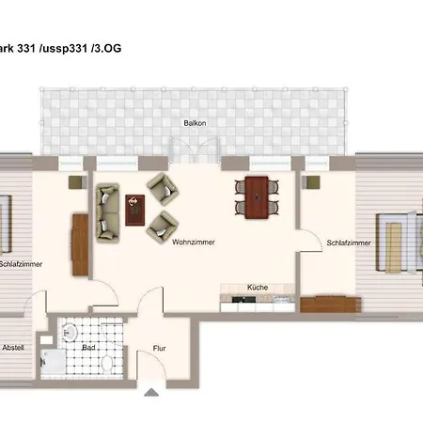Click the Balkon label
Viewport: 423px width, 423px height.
[196, 123]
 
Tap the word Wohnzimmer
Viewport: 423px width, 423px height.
[194, 242]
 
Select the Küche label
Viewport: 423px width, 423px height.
[259, 288]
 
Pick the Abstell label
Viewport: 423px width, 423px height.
[12, 347]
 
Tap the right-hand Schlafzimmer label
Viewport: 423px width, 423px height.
[348, 243]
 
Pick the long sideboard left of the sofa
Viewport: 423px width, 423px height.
[78, 243]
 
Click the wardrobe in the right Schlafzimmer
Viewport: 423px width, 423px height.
[331, 304]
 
